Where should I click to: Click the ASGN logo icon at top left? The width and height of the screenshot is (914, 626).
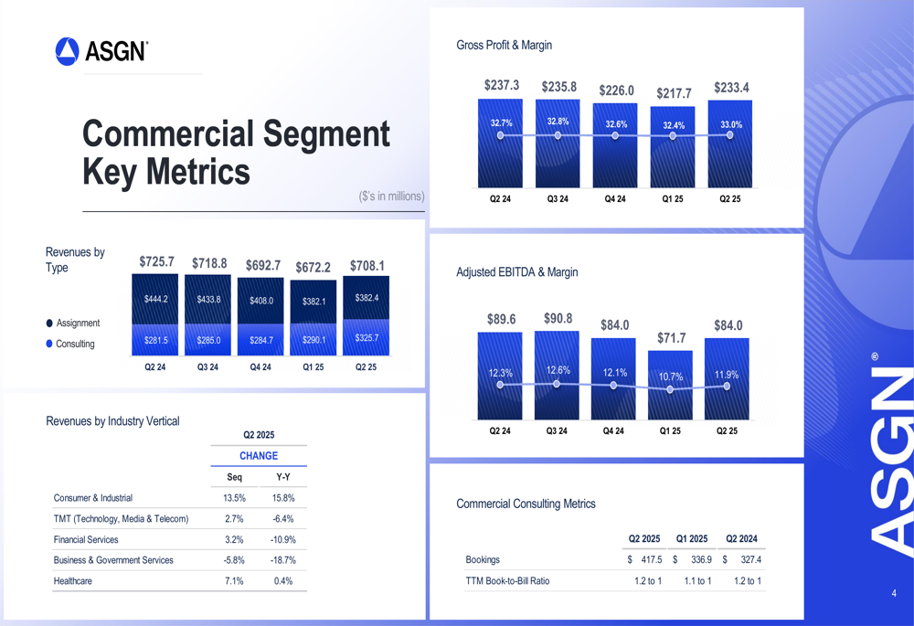(67, 51)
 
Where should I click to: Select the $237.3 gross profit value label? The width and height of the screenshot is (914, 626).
(502, 85)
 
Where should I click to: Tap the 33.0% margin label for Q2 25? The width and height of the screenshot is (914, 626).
(731, 124)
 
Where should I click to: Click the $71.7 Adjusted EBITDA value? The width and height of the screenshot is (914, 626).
(672, 338)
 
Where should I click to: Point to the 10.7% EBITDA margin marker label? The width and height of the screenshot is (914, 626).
(671, 377)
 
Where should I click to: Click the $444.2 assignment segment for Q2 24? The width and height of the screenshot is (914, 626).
(156, 299)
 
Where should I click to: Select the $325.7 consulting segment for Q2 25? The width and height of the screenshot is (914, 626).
(366, 338)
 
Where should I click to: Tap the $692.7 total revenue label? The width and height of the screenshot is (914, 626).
(262, 265)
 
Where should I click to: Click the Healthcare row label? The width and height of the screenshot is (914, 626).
(73, 580)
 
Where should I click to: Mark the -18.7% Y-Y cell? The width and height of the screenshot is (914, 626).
(283, 560)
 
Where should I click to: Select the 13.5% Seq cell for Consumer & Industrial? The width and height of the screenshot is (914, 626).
(234, 498)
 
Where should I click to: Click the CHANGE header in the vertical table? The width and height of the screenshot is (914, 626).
(259, 455)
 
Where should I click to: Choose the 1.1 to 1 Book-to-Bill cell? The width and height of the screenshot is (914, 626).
(697, 580)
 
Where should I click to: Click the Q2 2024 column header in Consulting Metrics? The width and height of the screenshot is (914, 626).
(741, 538)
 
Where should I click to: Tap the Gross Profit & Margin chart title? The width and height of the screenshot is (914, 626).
(504, 45)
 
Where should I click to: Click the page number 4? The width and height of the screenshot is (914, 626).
(894, 594)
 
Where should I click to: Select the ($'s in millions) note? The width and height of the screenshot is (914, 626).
(391, 196)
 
